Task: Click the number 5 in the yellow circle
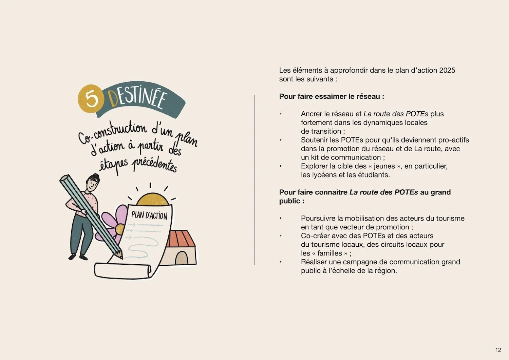(x=91, y=98)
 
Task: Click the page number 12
(x=498, y=350)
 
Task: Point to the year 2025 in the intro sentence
(x=447, y=70)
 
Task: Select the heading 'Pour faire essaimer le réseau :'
(x=332, y=96)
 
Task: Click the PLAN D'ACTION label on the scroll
(x=149, y=215)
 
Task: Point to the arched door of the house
(x=181, y=258)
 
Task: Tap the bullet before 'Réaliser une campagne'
(x=281, y=262)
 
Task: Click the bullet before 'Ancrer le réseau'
(x=281, y=114)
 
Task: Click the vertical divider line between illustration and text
(x=254, y=180)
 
